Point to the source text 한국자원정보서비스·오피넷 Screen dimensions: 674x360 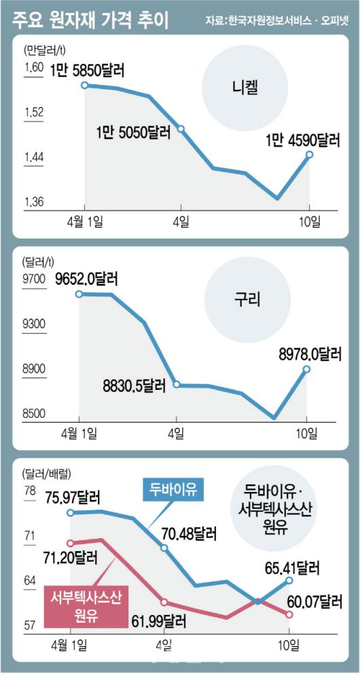coord(279,20)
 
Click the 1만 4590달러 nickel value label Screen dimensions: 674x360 coord(302,139)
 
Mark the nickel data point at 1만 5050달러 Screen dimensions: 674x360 coord(181,128)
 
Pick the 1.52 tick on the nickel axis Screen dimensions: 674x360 coord(34,112)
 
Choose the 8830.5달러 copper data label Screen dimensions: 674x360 coord(134,385)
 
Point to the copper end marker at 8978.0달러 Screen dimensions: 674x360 coord(306,369)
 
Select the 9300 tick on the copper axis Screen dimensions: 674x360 coord(33,325)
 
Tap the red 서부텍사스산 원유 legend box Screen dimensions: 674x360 coord(84,606)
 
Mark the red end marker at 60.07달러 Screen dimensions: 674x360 coord(290,614)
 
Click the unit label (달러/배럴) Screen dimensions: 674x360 coord(47,471)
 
